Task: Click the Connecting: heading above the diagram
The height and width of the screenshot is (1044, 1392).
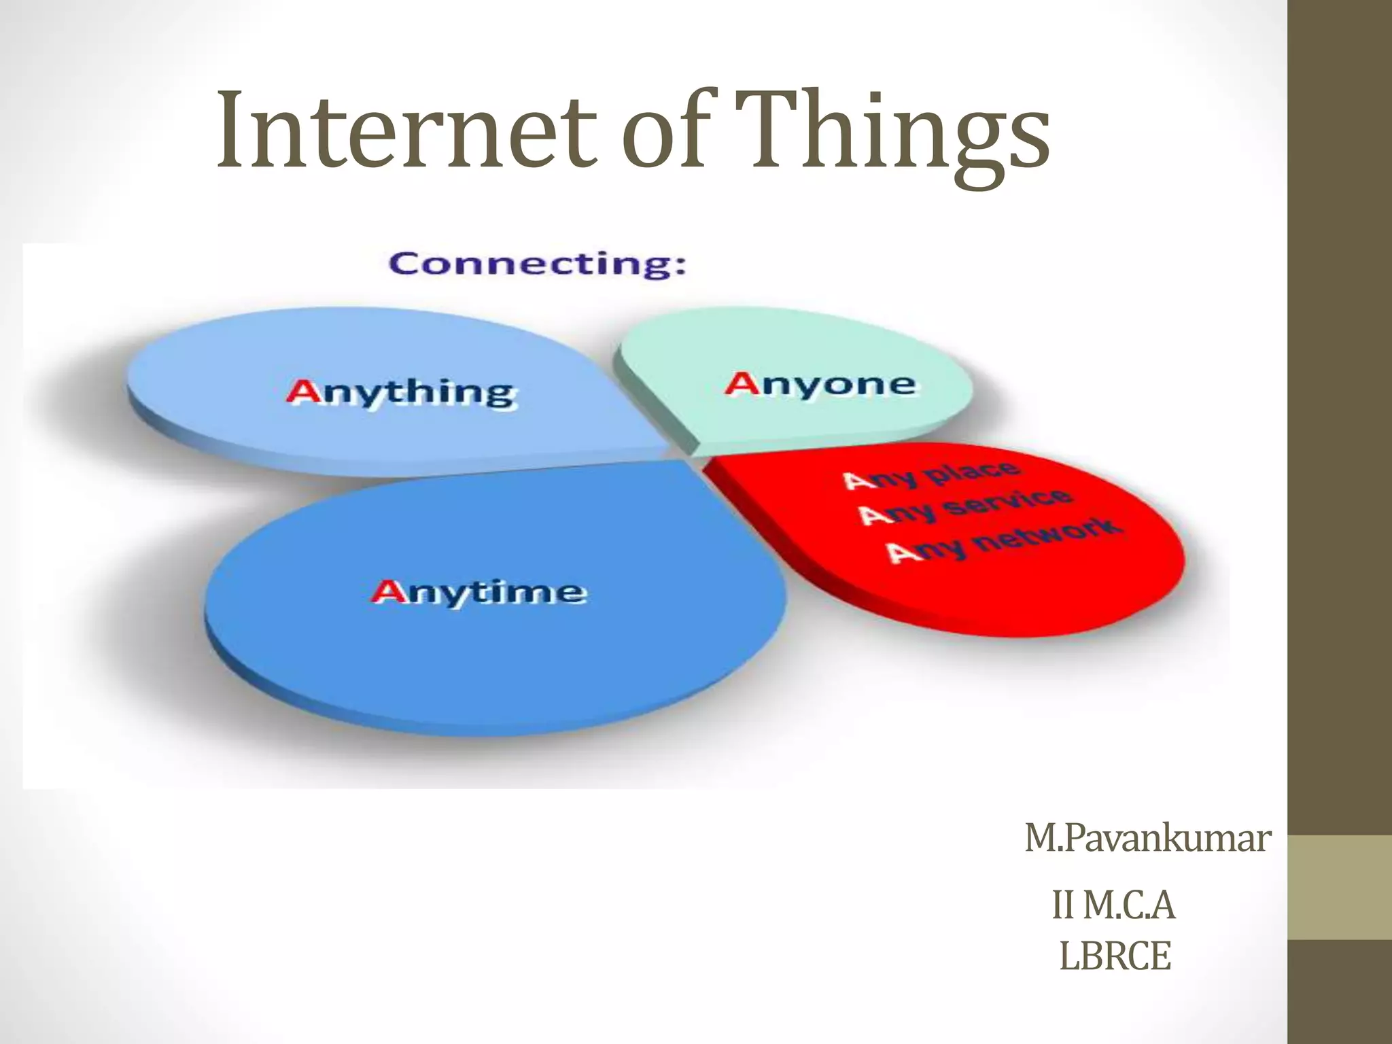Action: point(537,264)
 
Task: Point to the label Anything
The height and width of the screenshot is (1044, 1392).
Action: point(401,393)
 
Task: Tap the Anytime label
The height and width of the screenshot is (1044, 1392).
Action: point(479,592)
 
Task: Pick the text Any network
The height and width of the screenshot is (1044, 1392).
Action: point(1003,540)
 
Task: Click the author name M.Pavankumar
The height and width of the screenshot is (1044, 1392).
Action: point(1147,838)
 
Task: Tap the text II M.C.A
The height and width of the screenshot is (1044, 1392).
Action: point(1114,905)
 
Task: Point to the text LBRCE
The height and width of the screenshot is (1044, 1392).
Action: point(1115,956)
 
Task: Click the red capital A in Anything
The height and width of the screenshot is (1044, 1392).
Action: point(302,391)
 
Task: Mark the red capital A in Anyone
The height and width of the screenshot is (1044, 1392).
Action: point(742,383)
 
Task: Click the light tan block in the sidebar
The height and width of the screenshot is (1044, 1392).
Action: point(1340,887)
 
